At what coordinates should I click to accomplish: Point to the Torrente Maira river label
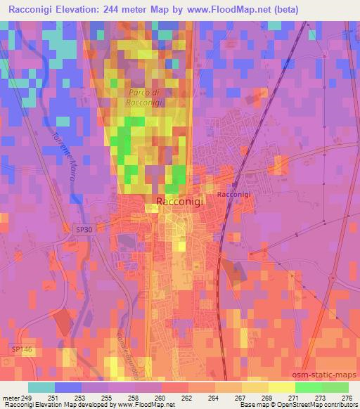click(x=63, y=157)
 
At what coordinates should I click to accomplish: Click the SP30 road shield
click(x=83, y=228)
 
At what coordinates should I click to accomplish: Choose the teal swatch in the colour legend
click(x=41, y=387)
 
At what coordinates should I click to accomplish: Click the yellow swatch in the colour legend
click(x=255, y=387)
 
